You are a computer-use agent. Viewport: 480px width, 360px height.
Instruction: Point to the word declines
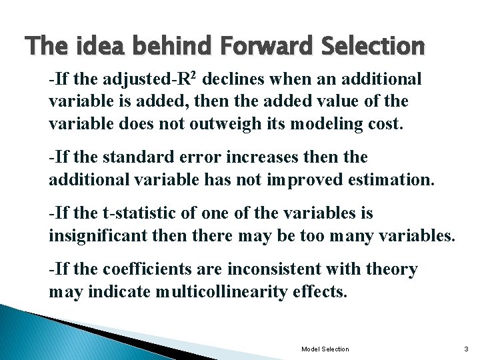click(x=233, y=79)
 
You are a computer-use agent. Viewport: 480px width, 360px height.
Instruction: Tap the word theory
click(x=394, y=269)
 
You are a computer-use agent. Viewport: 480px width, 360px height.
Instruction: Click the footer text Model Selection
click(x=325, y=349)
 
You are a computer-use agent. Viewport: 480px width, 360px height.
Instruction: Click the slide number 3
click(x=466, y=349)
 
